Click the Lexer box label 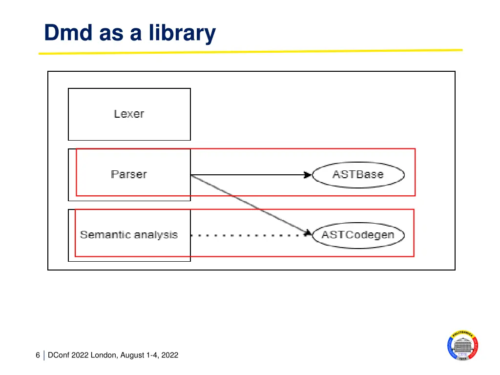(129, 114)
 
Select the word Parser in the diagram (129, 174)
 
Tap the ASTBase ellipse (358, 174)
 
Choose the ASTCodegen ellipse (358, 235)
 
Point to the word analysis (156, 235)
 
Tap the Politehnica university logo (462, 346)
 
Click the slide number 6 (38, 355)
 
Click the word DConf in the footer (59, 355)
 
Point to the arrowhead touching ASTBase (308, 175)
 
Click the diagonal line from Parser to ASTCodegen (249, 204)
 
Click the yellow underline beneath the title (250, 51)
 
